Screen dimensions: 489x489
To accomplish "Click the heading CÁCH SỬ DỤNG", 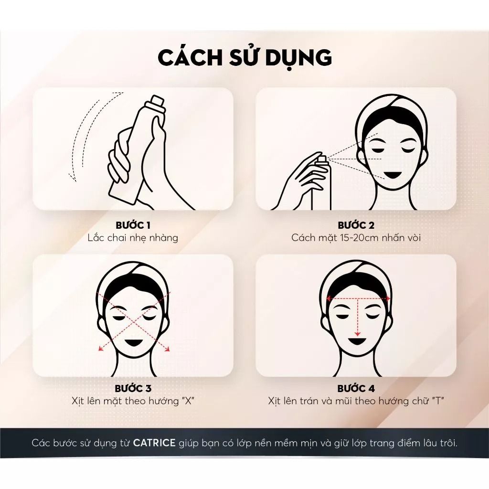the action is (x=245, y=57).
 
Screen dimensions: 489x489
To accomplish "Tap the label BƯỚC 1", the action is (x=133, y=225).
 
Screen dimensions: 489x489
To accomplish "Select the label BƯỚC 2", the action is (x=356, y=225).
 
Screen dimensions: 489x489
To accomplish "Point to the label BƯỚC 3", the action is (x=133, y=388).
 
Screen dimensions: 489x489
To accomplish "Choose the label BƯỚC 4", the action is (x=356, y=388).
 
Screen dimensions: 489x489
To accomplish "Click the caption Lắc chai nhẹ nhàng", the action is (x=133, y=238).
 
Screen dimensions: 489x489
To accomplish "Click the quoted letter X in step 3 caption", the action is (x=187, y=401).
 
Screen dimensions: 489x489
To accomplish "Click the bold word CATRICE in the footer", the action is (x=154, y=443).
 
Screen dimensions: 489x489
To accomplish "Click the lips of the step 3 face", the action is (x=134, y=341).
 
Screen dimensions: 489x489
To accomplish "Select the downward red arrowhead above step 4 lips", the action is (x=357, y=334).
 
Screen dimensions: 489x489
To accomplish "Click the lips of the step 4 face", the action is (x=357, y=342).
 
